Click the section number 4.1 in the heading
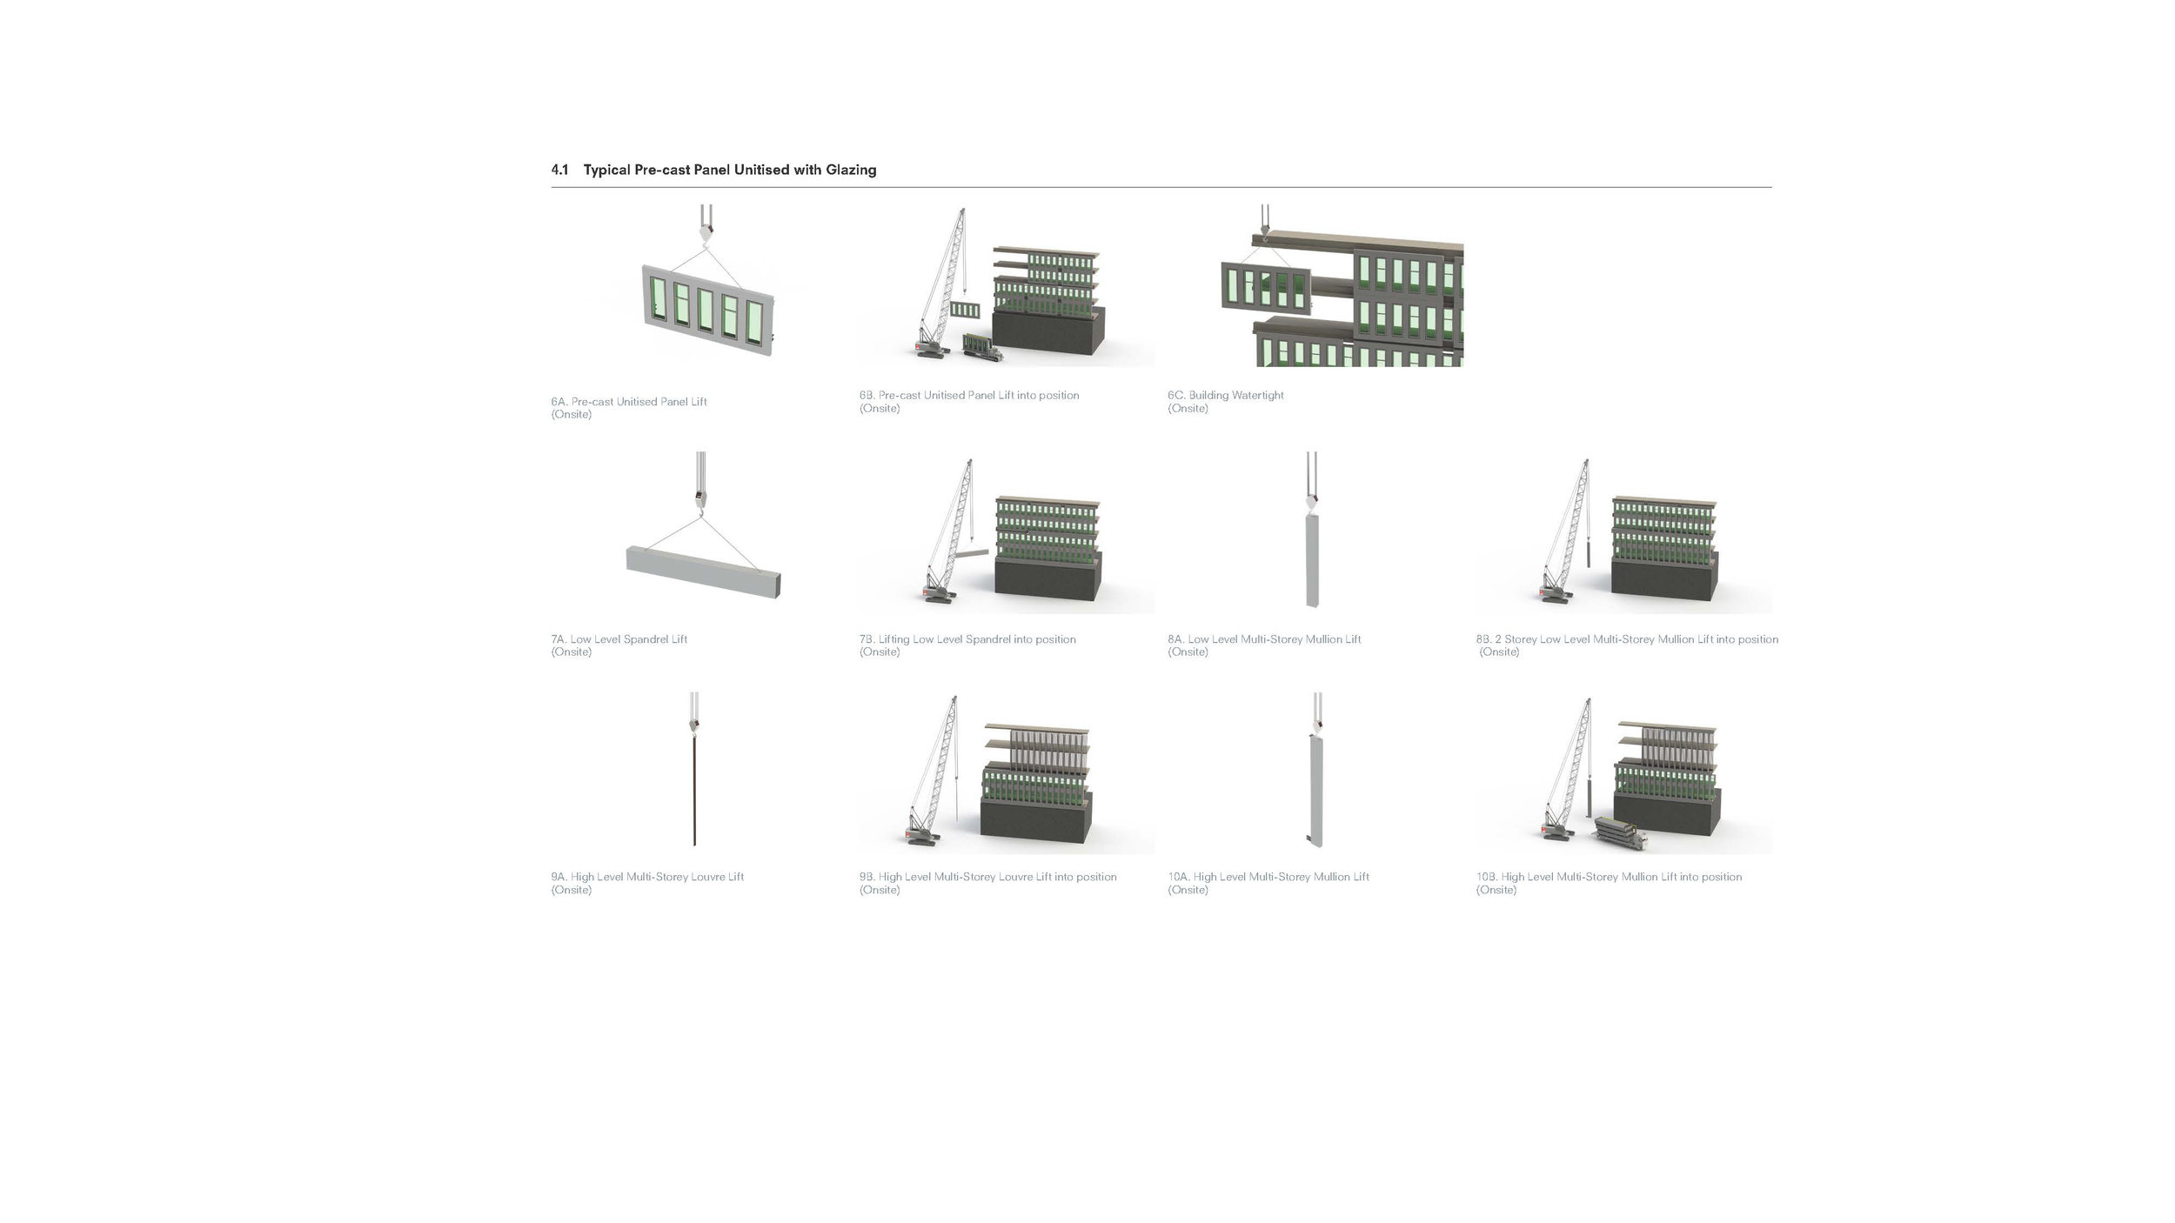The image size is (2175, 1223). pos(559,170)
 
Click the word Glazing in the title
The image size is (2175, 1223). pos(851,170)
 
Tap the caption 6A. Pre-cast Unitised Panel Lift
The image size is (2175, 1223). pos(629,402)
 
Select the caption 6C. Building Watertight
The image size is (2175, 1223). pos(1226,395)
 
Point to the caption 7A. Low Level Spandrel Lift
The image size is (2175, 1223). pos(619,639)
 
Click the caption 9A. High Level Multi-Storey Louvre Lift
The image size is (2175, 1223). pos(647,877)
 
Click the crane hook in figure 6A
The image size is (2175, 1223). pos(705,232)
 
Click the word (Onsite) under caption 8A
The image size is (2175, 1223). pos(1188,652)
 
